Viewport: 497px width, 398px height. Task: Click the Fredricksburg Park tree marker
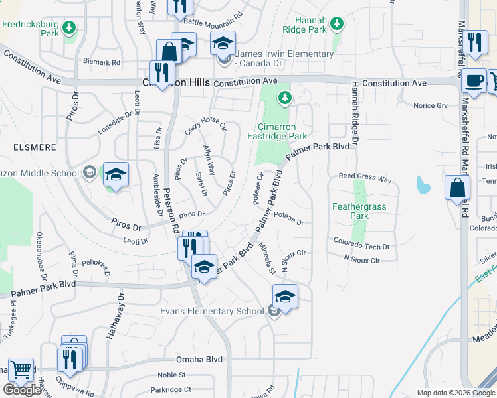(68, 28)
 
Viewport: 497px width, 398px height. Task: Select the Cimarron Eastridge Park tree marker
(285, 99)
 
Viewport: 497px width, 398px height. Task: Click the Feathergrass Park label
(359, 211)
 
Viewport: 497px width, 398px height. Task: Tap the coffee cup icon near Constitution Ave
(474, 80)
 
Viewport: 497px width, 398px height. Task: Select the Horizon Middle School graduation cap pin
(116, 175)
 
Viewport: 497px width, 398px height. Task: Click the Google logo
(23, 389)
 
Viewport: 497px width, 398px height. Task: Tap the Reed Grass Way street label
(365, 178)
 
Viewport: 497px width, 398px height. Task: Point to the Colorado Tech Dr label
(361, 246)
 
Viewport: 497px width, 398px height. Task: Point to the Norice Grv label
(431, 105)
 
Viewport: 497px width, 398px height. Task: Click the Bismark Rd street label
(102, 62)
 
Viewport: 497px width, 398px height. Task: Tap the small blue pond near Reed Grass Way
(423, 186)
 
